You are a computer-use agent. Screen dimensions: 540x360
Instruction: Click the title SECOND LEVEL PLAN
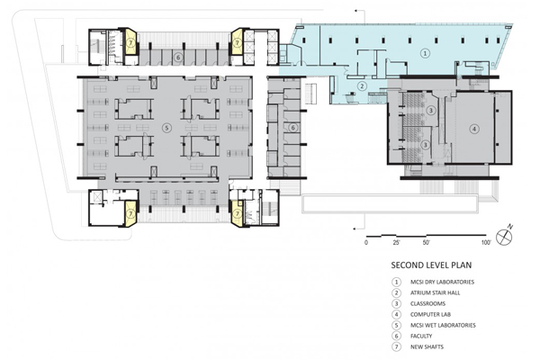[431, 265]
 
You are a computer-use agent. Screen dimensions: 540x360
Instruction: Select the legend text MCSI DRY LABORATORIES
[442, 282]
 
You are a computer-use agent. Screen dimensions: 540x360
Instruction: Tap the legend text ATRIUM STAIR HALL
[435, 292]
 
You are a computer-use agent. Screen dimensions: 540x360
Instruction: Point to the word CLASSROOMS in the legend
[427, 303]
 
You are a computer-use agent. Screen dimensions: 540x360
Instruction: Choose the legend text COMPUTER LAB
[430, 314]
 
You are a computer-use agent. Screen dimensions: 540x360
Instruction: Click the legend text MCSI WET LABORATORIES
[443, 325]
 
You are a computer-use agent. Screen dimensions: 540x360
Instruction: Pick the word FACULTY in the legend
[421, 336]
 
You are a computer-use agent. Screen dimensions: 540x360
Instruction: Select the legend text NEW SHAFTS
[427, 346]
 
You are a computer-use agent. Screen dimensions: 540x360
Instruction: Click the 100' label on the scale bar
[486, 242]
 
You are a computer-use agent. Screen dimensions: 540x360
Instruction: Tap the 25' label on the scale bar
[396, 242]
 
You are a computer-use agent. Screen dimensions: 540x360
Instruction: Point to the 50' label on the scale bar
[427, 242]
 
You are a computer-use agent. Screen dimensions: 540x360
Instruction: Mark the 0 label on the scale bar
[365, 242]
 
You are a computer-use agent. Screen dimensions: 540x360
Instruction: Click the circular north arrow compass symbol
[504, 237]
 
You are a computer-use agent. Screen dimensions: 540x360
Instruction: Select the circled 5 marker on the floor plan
[166, 128]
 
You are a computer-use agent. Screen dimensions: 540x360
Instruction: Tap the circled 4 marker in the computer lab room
[474, 130]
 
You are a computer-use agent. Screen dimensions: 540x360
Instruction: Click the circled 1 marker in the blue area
[426, 53]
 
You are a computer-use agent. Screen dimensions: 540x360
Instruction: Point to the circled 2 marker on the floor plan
[362, 86]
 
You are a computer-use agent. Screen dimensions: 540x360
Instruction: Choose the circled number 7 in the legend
[396, 346]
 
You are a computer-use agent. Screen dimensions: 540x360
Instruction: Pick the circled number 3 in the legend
[396, 303]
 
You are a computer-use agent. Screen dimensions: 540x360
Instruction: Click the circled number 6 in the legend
[396, 336]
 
